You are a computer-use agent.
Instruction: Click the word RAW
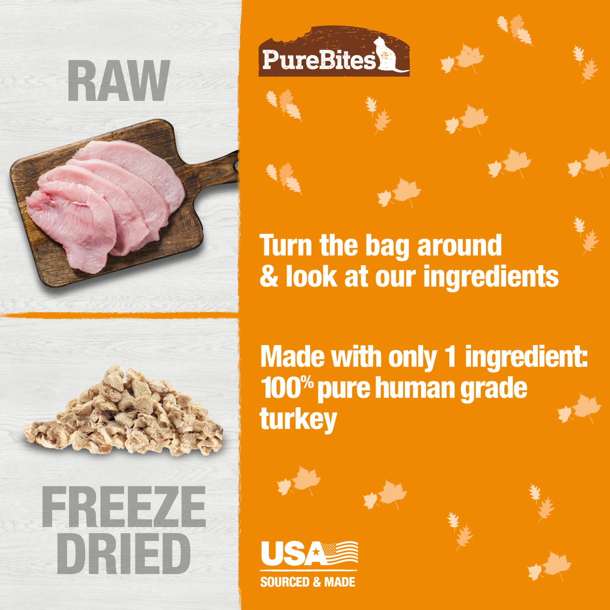[119, 81]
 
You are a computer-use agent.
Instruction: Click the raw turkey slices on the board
[106, 198]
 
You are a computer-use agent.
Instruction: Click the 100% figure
[287, 388]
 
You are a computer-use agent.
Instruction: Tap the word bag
[387, 246]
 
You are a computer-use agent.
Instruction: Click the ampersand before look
[268, 277]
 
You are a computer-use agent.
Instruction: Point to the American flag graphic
[340, 553]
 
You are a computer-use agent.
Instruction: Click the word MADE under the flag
[340, 582]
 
